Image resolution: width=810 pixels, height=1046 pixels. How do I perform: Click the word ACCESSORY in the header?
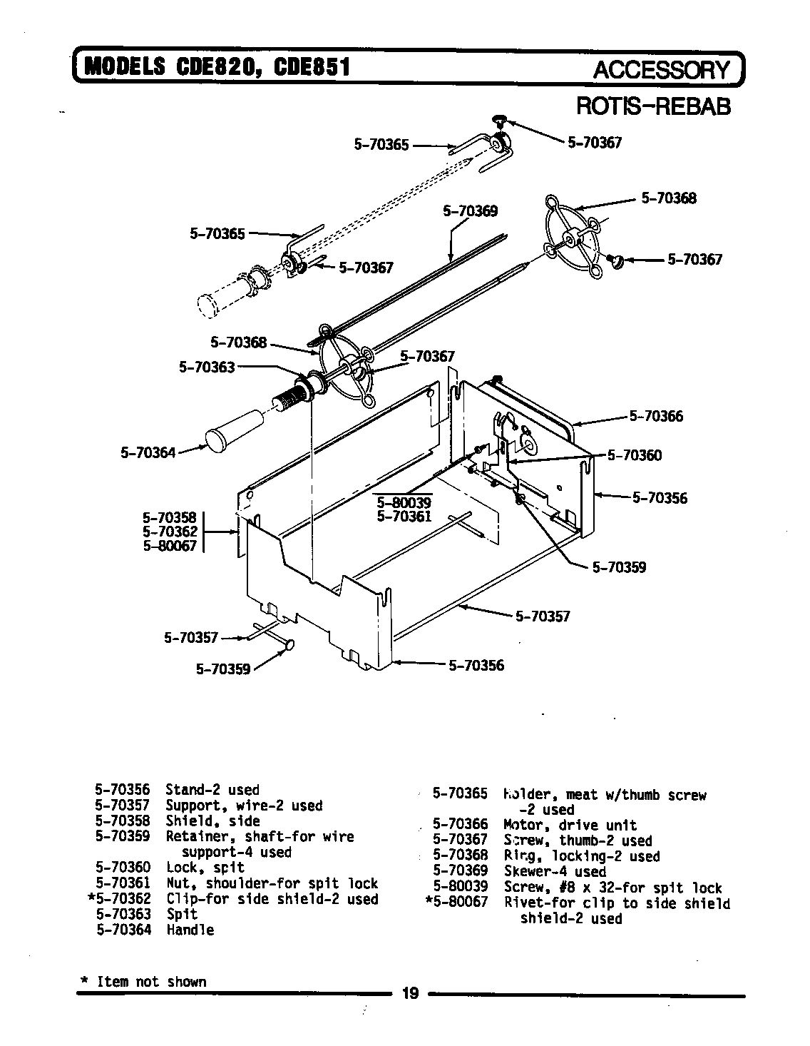662,69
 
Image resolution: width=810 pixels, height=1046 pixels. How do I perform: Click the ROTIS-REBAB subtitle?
653,106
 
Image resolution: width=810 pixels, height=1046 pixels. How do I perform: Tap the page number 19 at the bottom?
410,992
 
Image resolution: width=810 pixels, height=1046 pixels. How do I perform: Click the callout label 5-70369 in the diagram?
470,211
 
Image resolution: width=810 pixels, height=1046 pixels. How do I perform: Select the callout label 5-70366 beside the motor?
655,416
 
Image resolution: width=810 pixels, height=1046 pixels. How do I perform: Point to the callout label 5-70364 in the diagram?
148,452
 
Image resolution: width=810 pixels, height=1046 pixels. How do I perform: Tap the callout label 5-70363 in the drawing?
207,367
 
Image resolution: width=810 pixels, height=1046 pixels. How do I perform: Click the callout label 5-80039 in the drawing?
404,502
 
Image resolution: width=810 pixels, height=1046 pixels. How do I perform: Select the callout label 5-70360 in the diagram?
634,455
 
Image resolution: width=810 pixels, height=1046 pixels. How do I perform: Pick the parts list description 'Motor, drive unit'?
570,826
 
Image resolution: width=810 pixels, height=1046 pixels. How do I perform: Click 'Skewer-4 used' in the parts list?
555,872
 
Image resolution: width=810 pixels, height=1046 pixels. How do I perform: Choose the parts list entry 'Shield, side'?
212,821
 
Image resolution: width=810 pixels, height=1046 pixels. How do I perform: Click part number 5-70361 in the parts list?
123,883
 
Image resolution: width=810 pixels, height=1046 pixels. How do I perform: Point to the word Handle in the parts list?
190,930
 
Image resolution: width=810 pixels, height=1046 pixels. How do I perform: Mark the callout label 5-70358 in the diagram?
170,518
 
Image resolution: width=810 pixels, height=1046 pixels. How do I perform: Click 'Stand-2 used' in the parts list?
212,790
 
